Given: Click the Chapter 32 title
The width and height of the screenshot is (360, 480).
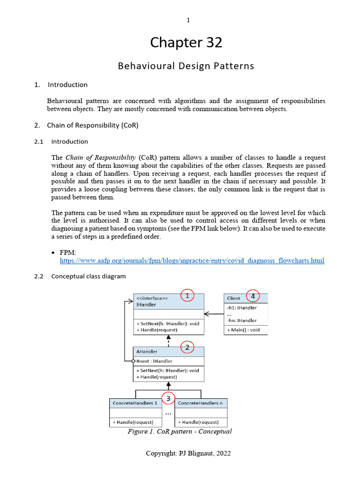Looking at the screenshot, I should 186,43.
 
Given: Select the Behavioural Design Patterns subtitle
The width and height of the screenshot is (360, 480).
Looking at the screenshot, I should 186,66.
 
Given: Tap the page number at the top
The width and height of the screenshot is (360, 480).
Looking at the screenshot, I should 188,20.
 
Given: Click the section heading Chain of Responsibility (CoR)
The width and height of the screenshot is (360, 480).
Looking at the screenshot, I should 92,125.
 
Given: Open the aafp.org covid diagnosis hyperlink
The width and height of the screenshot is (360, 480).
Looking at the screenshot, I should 192,260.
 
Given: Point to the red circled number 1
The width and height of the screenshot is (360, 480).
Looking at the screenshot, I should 187,296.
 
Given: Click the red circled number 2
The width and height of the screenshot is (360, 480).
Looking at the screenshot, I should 187,347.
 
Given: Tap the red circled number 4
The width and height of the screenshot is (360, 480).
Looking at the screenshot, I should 253,296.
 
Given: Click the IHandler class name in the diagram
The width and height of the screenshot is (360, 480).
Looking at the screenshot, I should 147,304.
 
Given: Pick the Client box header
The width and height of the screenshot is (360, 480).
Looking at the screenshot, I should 233,298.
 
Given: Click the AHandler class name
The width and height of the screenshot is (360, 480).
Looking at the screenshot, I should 147,352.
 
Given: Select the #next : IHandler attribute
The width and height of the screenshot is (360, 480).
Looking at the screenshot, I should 155,361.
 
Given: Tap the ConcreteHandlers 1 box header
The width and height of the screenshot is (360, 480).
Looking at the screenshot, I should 135,403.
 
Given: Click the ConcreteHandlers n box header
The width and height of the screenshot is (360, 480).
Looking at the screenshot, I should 201,403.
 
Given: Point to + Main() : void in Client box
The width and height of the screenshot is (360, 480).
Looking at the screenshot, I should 243,330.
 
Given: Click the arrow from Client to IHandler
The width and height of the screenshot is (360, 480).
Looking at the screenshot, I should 214,314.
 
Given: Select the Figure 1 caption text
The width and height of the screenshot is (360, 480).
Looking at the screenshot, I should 180,431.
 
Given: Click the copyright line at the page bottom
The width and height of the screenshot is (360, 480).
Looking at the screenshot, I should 188,453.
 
